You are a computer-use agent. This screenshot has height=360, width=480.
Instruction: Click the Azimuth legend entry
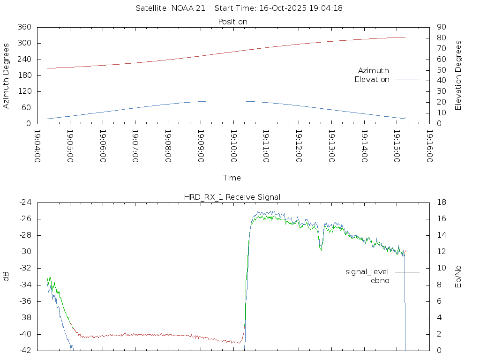(374, 71)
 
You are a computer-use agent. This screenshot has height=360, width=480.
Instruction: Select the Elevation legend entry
(372, 80)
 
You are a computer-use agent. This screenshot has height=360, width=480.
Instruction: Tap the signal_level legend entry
(367, 272)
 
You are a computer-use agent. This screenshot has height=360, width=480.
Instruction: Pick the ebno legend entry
(380, 281)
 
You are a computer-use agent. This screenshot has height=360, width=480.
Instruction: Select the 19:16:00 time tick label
(429, 146)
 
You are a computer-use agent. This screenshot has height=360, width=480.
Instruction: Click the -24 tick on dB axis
(24, 202)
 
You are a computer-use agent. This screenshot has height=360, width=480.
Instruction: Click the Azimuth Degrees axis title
(7, 75)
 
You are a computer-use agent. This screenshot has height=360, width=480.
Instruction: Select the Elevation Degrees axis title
(458, 75)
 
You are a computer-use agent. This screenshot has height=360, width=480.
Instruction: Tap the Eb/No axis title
(458, 277)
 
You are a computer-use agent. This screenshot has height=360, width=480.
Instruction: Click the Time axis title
(232, 178)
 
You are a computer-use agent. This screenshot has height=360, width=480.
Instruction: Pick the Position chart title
(233, 22)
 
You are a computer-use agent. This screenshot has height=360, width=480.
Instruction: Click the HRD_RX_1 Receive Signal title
(232, 197)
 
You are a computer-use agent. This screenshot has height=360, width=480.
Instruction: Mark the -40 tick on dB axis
(24, 334)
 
